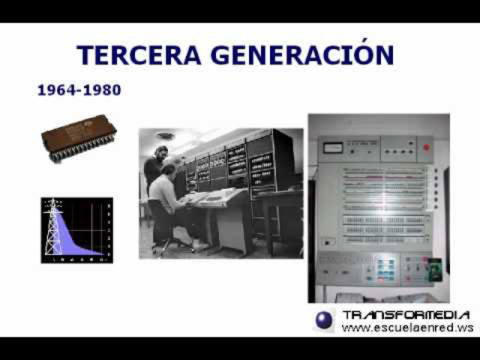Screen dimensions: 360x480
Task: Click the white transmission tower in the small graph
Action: (x=53, y=227)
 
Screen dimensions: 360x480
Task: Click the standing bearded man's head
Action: (x=160, y=154)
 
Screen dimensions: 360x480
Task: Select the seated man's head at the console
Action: (x=171, y=166)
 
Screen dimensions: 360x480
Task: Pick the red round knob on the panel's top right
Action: (x=426, y=147)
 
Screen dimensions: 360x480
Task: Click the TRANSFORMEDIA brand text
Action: (x=406, y=315)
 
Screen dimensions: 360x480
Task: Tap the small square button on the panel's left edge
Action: (x=327, y=241)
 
